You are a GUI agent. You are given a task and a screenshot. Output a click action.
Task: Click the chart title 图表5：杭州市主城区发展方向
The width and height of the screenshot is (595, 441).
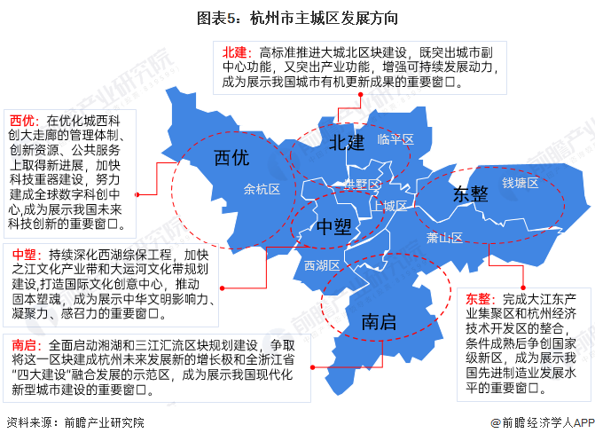point(297,17)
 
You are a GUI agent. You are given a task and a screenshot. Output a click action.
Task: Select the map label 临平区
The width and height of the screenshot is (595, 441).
point(395,139)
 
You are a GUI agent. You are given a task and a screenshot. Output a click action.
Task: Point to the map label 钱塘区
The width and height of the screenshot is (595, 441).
point(521,183)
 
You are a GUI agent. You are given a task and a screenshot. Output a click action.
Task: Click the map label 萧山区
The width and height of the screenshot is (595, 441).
point(444,238)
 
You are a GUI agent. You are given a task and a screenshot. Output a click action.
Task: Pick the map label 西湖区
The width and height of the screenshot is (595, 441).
point(322,265)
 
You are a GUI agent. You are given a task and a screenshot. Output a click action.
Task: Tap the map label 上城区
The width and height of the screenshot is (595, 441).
point(390,206)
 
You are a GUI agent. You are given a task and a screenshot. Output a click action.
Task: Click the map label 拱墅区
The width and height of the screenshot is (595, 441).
point(362,184)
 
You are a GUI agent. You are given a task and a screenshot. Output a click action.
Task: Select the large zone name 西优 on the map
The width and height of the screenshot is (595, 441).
point(232,157)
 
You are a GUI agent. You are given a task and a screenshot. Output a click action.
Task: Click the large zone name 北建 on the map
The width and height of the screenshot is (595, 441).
point(346,142)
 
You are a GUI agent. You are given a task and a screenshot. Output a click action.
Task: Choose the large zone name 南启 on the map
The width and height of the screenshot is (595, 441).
point(379,322)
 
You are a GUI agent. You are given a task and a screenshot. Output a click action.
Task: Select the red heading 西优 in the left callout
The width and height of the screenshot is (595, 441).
point(22,120)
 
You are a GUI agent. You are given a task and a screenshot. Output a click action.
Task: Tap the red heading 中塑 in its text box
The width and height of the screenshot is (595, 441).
point(24,253)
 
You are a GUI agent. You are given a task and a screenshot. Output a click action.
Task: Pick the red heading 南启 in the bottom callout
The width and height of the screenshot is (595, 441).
point(24,344)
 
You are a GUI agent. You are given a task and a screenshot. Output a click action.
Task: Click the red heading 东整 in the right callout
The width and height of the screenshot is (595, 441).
point(479,298)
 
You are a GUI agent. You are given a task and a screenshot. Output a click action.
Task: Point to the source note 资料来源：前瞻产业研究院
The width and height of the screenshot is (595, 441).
point(74,421)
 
